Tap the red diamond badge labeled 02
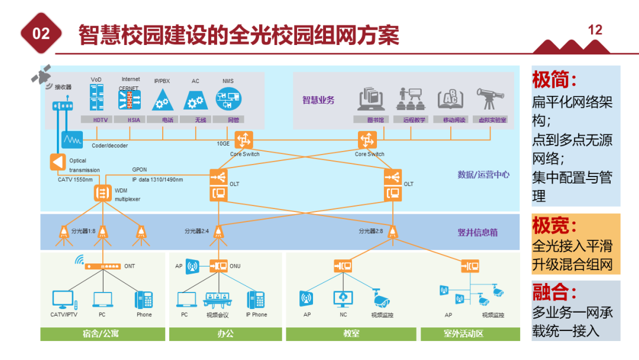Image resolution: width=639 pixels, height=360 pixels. click(x=41, y=34)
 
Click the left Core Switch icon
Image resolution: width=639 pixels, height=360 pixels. click(x=243, y=140)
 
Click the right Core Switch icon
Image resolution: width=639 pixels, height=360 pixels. click(x=367, y=140)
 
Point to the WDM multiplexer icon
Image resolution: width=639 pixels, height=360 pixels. click(x=102, y=193)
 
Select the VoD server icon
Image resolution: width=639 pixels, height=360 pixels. click(x=96, y=98)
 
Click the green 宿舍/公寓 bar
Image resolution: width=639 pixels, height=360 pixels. click(x=102, y=333)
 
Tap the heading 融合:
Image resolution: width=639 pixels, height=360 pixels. click(x=554, y=292)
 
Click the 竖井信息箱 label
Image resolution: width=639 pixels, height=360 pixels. click(x=477, y=233)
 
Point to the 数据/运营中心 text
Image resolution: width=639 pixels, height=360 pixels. click(x=483, y=175)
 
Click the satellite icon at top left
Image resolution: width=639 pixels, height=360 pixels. click(x=41, y=74)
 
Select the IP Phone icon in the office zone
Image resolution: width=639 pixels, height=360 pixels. click(x=256, y=300)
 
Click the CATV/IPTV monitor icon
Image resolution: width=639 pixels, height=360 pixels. click(x=63, y=300)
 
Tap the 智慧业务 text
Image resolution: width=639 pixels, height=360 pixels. click(x=318, y=100)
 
